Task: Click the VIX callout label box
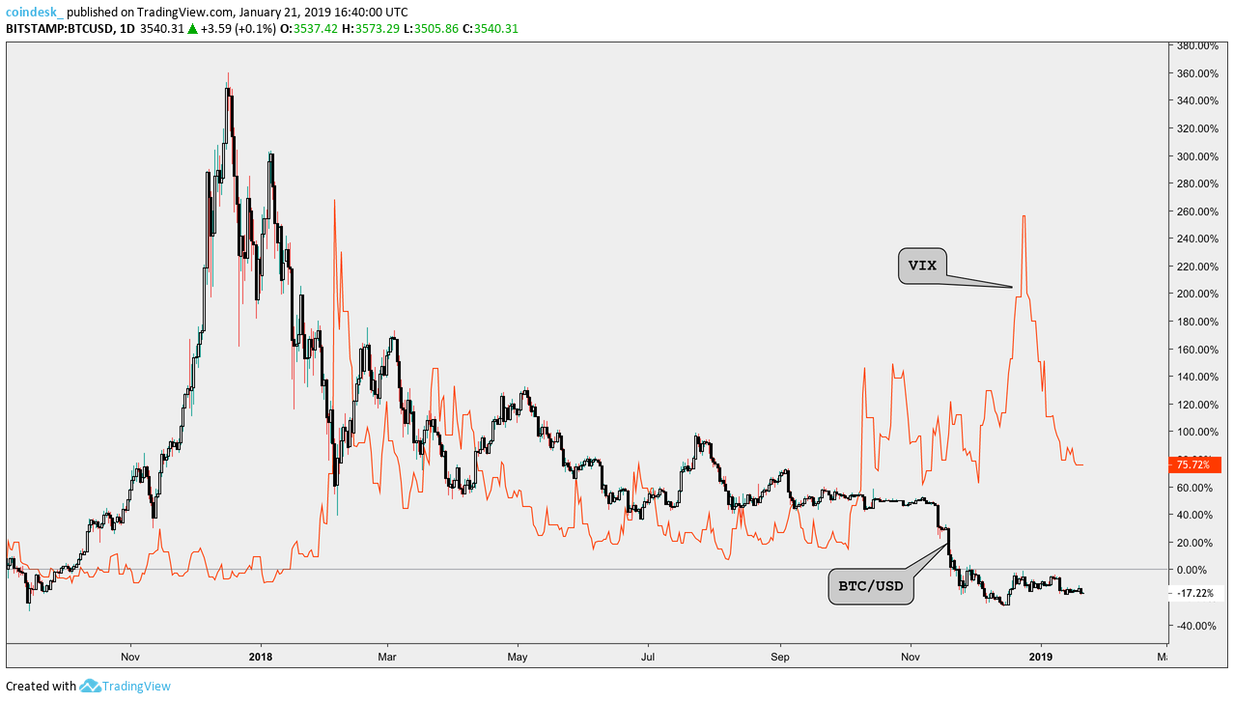pos(923,267)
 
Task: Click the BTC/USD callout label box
pos(871,586)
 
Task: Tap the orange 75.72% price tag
pos(1193,464)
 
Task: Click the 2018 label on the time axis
pos(260,657)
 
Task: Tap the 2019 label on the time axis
pos(1041,657)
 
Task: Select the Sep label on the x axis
pos(780,657)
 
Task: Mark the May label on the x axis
pos(518,657)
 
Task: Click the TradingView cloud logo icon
pos(90,686)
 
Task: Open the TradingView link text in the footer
pos(138,687)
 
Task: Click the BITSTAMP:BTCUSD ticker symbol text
pos(59,28)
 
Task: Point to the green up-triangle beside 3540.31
pos(193,28)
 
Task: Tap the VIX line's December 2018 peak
pos(1024,217)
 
